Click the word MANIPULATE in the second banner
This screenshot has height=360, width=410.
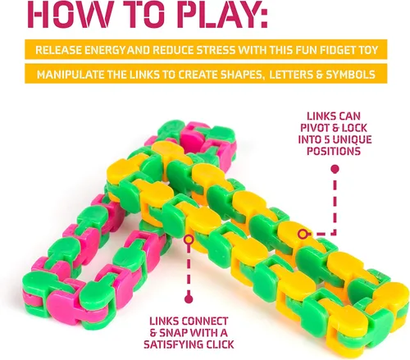(x=71, y=75)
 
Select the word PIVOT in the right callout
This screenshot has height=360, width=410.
(x=315, y=128)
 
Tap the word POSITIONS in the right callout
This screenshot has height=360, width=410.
(x=334, y=151)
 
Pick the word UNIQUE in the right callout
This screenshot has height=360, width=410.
(x=352, y=139)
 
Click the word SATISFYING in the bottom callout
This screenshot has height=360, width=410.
(x=175, y=344)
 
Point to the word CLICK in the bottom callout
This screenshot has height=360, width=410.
(x=221, y=344)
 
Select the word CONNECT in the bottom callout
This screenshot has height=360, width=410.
(x=204, y=321)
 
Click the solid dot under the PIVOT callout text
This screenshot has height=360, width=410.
(x=335, y=170)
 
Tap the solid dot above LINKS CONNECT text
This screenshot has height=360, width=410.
(x=189, y=299)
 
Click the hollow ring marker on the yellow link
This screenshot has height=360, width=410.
(x=303, y=234)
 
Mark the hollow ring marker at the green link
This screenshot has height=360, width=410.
(x=189, y=239)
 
